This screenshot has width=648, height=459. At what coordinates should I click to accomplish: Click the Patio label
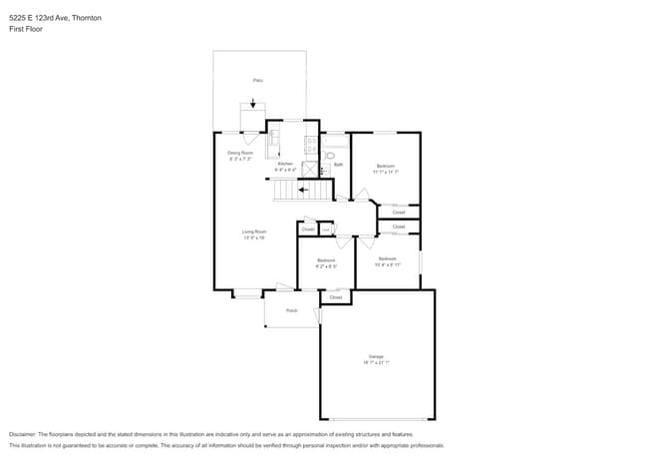(x=257, y=79)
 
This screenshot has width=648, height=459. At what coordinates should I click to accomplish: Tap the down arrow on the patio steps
(x=253, y=103)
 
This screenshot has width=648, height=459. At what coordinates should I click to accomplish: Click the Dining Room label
(x=240, y=153)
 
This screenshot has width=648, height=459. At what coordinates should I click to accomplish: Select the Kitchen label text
(x=285, y=164)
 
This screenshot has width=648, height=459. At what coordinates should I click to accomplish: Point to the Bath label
(x=338, y=165)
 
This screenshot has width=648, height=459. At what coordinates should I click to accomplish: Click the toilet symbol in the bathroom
(x=330, y=156)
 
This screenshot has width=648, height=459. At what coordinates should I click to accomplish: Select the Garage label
(x=376, y=356)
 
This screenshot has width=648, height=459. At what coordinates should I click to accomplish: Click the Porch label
(x=292, y=310)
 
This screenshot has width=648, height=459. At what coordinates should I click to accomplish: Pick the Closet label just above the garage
(x=335, y=297)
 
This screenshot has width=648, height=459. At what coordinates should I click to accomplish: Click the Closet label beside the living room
(x=308, y=229)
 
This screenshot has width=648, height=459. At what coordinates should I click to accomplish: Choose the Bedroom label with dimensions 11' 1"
(x=386, y=166)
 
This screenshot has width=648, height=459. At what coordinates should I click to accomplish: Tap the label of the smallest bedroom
(x=326, y=260)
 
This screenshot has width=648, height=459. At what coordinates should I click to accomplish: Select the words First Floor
(x=26, y=30)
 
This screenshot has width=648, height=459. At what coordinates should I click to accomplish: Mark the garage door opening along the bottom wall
(x=377, y=418)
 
